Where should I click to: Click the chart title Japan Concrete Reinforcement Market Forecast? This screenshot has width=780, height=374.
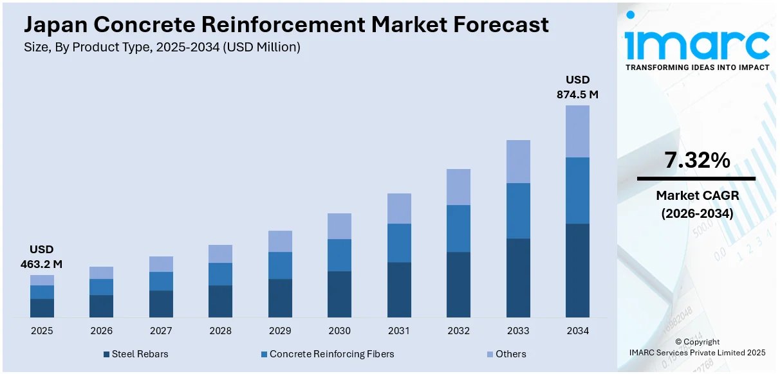point(286,24)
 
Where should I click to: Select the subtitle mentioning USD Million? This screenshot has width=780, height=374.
point(162,47)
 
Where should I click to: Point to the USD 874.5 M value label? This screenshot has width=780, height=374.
point(577,87)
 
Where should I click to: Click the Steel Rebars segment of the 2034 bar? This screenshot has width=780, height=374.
point(577,270)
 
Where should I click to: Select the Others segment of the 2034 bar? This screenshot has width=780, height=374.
point(577,131)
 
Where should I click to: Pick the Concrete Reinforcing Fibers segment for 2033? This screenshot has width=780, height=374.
point(518,211)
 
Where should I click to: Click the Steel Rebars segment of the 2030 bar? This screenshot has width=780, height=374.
point(339,294)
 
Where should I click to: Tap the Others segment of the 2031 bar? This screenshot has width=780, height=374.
point(399,208)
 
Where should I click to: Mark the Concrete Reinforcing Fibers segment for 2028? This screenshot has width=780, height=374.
point(220,274)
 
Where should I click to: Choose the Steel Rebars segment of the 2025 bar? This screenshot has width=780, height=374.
point(42,308)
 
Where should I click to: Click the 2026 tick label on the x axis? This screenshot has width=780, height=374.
point(101,331)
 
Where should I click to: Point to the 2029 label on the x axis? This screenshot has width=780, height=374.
point(280,331)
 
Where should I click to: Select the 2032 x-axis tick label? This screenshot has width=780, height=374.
point(458,331)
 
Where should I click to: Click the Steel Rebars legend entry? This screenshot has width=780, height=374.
point(137,354)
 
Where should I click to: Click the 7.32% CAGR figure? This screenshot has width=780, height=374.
point(697,161)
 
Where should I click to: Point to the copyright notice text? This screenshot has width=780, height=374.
point(697,347)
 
